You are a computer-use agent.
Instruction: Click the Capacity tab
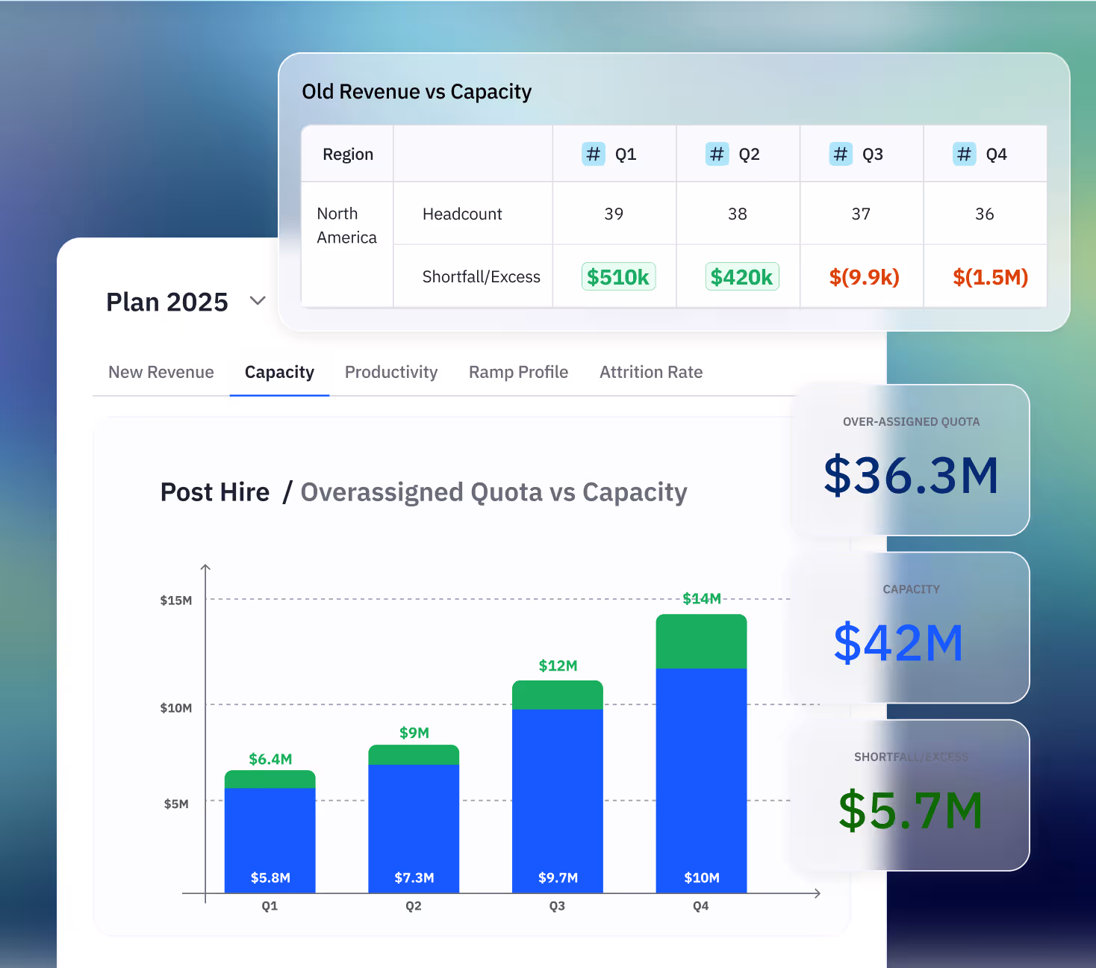(x=279, y=372)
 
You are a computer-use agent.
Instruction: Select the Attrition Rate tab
(x=651, y=372)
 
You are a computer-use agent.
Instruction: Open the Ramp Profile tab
(x=518, y=372)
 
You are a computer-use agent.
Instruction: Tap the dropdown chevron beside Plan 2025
(x=258, y=301)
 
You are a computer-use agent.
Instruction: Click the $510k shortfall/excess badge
(x=618, y=277)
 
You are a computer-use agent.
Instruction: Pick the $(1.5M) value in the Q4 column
(x=990, y=277)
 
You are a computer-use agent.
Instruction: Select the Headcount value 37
(x=861, y=214)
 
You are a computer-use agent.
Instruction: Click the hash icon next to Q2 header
(x=717, y=154)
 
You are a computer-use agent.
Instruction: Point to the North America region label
(x=346, y=226)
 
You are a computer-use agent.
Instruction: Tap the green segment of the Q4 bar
(x=701, y=642)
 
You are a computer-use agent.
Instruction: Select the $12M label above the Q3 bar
(x=558, y=665)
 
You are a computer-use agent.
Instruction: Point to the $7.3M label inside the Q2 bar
(x=414, y=878)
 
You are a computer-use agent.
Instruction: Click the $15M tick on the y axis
(x=176, y=601)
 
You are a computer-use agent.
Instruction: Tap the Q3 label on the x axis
(x=557, y=906)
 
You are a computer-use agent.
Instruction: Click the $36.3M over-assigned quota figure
(x=911, y=475)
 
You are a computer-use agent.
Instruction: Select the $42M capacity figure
(x=898, y=643)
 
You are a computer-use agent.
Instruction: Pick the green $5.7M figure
(x=910, y=810)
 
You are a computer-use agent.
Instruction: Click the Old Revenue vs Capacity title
(x=417, y=92)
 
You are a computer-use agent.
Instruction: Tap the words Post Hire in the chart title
(x=215, y=492)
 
